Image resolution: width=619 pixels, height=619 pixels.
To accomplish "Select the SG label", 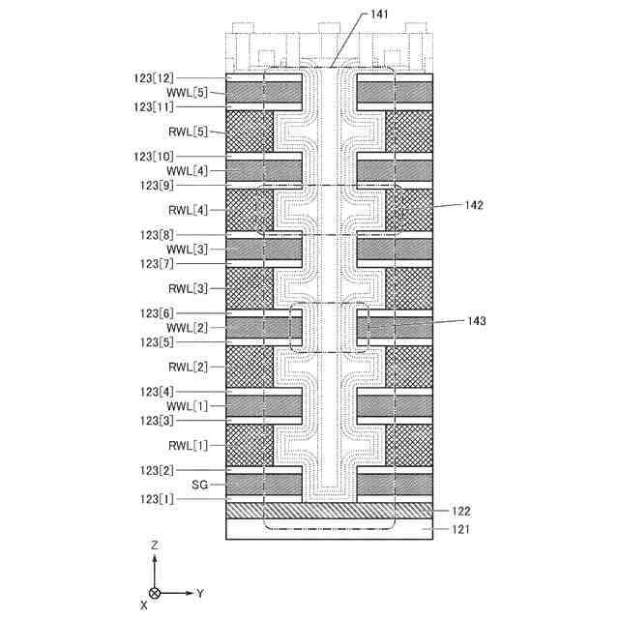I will click(199, 483).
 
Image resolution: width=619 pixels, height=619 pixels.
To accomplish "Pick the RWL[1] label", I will click(187, 445).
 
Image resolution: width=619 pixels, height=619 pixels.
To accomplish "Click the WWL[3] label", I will click(187, 249).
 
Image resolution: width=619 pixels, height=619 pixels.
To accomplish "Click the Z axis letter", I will click(155, 545).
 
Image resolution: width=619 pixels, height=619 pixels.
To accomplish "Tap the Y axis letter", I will click(200, 591).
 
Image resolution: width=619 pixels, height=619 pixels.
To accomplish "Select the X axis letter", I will click(144, 604).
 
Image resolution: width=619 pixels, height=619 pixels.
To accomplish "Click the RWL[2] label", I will click(187, 367).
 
